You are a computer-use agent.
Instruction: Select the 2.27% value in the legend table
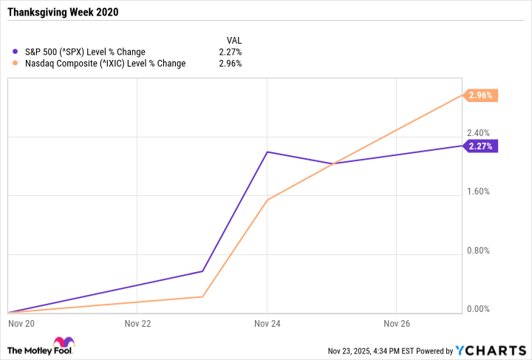[x=231, y=52]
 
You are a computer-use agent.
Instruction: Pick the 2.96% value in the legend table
[x=231, y=64]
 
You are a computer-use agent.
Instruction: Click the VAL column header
[x=233, y=40]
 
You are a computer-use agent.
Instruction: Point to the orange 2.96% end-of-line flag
[x=481, y=95]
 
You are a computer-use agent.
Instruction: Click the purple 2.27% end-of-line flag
[x=481, y=146]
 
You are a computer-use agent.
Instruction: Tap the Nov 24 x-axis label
[x=267, y=323]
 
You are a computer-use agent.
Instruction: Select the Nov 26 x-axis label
[x=397, y=323]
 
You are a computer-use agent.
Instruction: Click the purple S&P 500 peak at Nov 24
[x=267, y=152]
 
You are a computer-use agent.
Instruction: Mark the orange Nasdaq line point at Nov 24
[x=267, y=200]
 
